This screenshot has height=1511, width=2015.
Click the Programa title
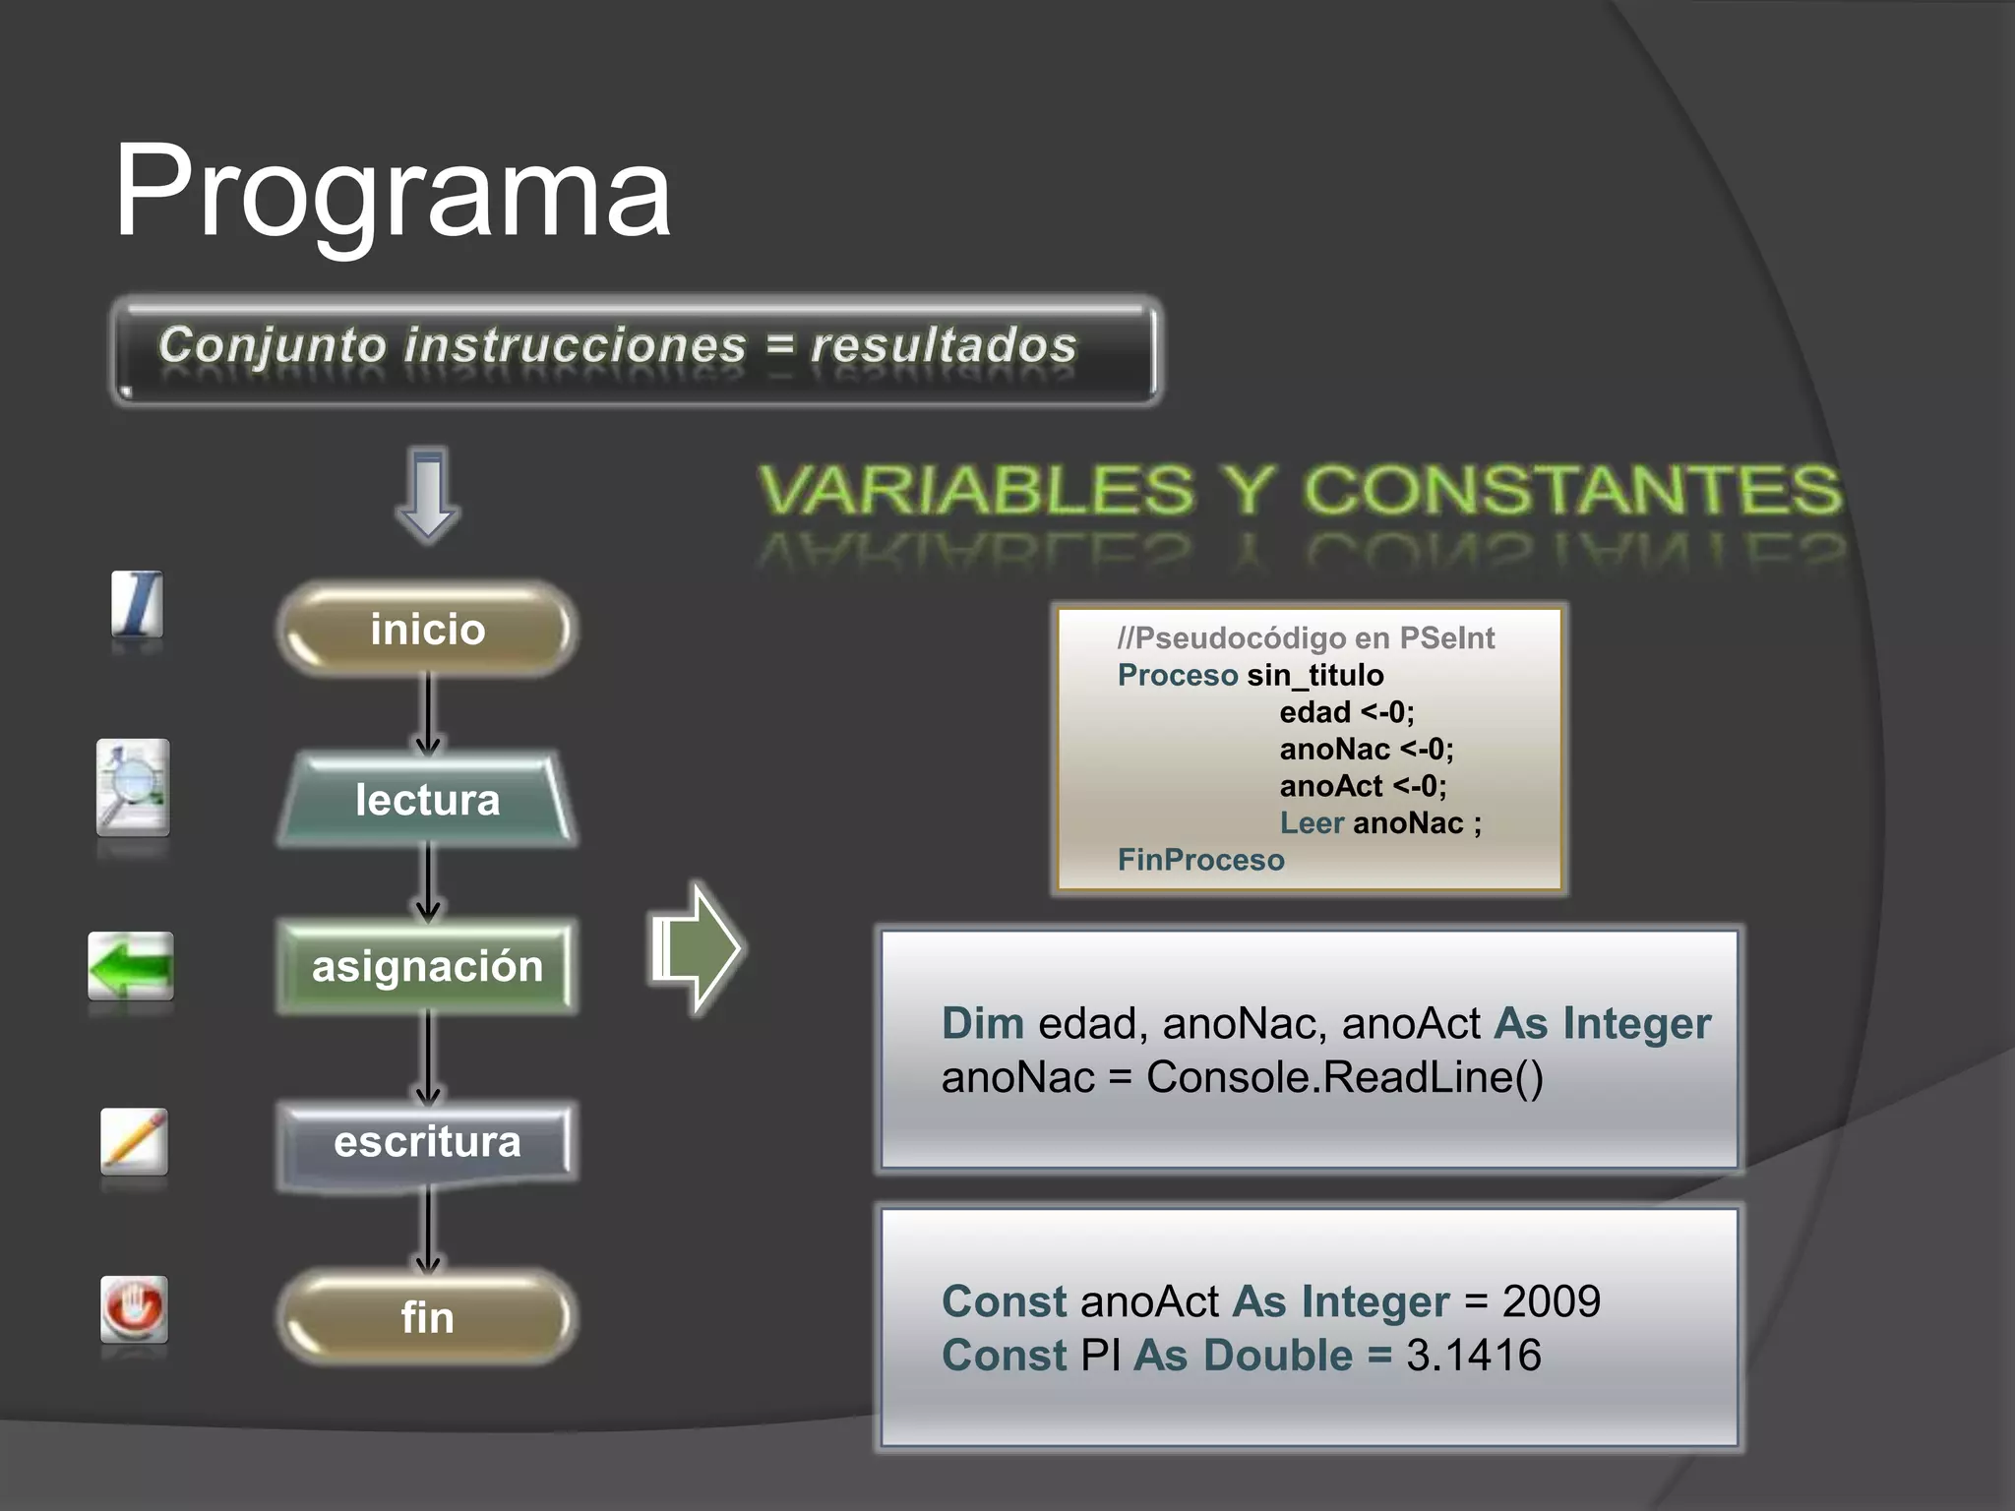point(392,192)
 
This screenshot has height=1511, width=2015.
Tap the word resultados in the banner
point(943,346)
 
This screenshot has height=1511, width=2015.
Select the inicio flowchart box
point(427,630)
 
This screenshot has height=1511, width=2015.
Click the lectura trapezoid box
point(427,800)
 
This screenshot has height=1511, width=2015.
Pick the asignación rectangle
point(427,966)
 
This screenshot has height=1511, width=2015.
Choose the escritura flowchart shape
point(427,1142)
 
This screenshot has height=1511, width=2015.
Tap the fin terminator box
point(427,1317)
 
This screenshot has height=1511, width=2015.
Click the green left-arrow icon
point(131,965)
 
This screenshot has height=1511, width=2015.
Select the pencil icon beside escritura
point(134,1141)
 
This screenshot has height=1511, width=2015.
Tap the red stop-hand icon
point(134,1308)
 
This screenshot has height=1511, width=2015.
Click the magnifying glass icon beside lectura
point(133,787)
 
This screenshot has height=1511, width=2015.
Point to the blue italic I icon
point(137,603)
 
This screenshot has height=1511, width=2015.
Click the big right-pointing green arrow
point(696,948)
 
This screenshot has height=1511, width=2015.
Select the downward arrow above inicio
point(428,494)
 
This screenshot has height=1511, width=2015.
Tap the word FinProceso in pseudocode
point(1200,860)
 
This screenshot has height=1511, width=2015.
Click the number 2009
point(1551,1301)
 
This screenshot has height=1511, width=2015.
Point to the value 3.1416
point(1473,1355)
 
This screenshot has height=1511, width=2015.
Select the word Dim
point(982,1023)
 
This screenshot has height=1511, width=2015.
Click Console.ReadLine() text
point(1344,1076)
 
